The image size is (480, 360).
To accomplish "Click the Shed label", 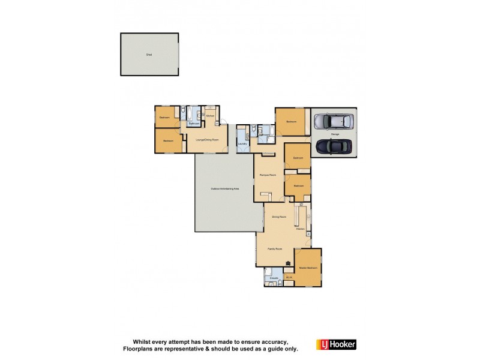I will [149, 55].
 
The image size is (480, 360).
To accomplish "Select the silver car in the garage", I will [334, 122].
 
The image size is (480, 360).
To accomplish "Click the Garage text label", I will [335, 134].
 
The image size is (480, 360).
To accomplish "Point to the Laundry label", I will [242, 144].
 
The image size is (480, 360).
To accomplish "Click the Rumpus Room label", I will [268, 175].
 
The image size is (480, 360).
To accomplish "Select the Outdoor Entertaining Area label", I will [225, 189].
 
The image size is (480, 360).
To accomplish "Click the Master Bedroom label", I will [308, 268].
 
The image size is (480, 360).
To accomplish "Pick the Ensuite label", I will [274, 278].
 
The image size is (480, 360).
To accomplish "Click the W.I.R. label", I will [289, 278].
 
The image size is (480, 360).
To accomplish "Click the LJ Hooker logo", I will [336, 344].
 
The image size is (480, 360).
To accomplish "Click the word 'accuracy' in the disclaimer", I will [274, 341].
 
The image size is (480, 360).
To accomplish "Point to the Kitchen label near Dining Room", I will [300, 229].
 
